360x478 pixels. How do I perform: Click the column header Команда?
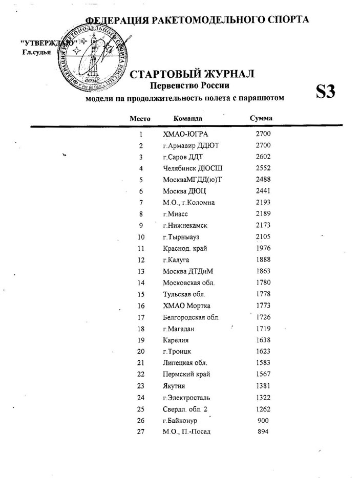(188, 118)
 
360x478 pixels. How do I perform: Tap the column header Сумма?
(260, 118)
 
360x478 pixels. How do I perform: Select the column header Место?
(140, 118)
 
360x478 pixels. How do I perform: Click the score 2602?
(262, 157)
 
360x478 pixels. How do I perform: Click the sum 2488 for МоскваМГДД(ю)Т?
(262, 179)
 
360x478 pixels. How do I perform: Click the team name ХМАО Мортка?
(186, 306)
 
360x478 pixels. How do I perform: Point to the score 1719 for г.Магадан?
(262, 328)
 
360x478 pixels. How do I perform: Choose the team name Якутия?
(174, 385)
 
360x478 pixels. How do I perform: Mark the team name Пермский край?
(186, 374)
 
